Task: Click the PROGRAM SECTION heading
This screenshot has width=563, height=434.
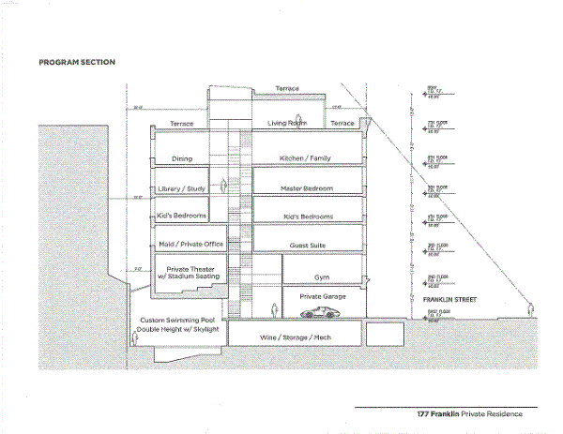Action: coord(76,63)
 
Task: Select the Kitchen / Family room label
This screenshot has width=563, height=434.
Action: coord(307,159)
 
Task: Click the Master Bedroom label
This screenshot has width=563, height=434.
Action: coord(308,188)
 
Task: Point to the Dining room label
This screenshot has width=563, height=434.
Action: coord(181,159)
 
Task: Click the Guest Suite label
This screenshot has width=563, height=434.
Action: coord(308,244)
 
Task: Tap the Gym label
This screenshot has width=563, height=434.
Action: coord(323,277)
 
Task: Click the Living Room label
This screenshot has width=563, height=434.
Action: coord(288,123)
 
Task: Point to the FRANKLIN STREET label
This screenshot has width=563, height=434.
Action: coord(449,300)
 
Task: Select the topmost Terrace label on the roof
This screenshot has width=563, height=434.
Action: coord(287,89)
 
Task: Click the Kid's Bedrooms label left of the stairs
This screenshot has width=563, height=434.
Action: coord(181,217)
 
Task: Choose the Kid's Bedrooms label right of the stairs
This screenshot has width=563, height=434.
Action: coord(308,217)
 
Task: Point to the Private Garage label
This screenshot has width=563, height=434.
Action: coord(323,296)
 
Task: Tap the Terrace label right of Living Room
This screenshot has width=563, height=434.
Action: coord(343,123)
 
